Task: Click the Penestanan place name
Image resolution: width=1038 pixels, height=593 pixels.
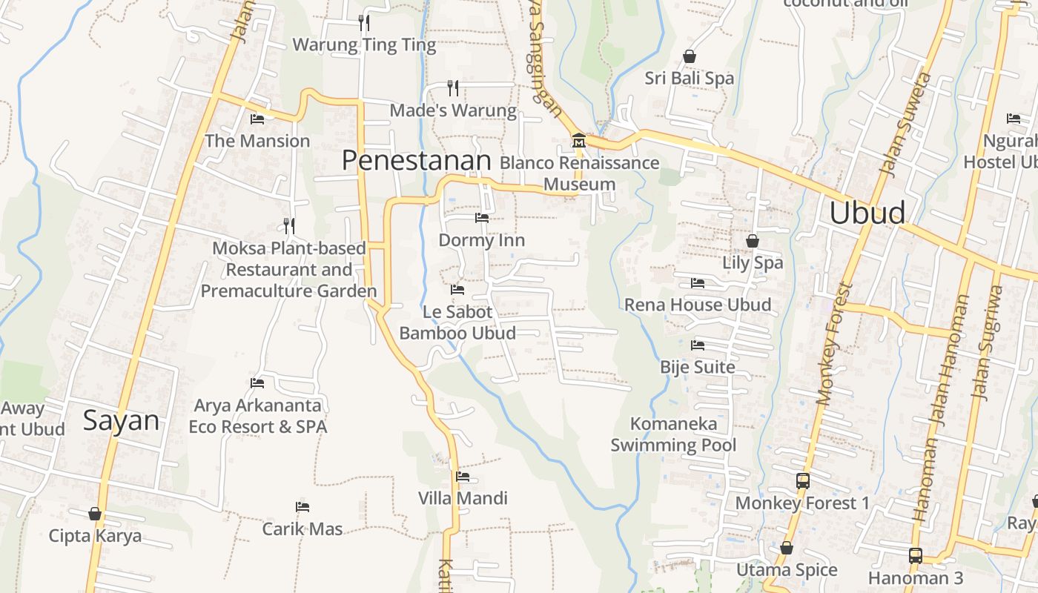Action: [x=416, y=160]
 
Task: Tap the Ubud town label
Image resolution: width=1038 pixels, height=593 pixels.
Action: [x=867, y=213]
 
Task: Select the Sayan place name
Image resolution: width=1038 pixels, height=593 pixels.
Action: [x=121, y=420]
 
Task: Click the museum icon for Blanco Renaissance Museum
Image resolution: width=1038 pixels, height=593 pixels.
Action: [x=578, y=140]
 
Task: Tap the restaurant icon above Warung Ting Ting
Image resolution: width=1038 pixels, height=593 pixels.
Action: [x=363, y=22]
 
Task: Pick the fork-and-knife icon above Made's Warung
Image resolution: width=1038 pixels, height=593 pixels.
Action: [x=453, y=88]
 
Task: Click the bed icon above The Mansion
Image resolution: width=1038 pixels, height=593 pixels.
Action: [x=257, y=119]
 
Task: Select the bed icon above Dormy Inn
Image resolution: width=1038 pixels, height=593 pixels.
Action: [x=481, y=218]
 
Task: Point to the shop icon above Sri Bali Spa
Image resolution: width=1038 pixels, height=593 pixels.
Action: [x=690, y=56]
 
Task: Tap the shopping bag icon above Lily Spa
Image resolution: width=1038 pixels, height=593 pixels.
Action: [x=753, y=241]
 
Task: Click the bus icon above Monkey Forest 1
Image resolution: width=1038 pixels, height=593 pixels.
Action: [x=802, y=481]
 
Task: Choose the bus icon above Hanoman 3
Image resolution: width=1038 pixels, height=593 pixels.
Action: [x=916, y=556]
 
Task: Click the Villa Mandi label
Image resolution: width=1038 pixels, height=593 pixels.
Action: [x=463, y=498]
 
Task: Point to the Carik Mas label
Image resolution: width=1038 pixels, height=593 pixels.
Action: [x=303, y=529]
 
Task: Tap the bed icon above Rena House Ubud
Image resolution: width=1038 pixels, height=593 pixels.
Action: [x=697, y=283]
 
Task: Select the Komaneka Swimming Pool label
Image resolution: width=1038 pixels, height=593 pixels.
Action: [x=673, y=434]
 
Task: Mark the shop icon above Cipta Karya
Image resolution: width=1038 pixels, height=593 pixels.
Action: [x=95, y=514]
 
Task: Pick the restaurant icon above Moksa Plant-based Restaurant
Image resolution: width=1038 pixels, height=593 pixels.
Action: [x=288, y=225]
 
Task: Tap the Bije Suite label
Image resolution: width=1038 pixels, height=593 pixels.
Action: [x=698, y=367]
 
